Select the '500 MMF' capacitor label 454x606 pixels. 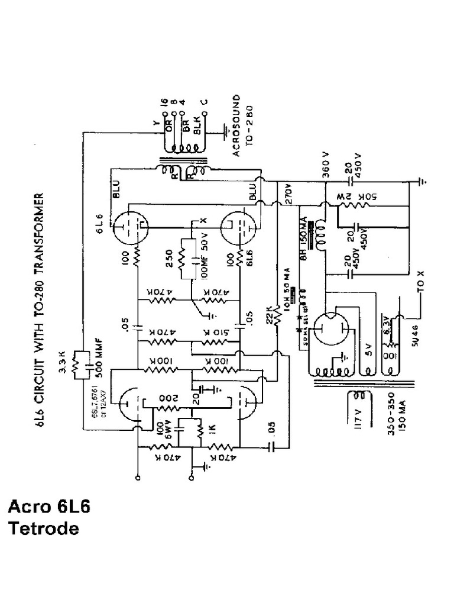click(x=93, y=356)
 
